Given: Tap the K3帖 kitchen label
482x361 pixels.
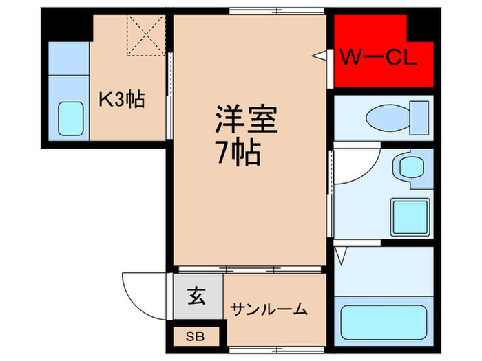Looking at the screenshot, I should pyautogui.click(x=121, y=100).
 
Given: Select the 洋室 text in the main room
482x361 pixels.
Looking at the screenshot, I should pyautogui.click(x=245, y=120).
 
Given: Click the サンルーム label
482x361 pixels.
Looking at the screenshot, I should pyautogui.click(x=269, y=309).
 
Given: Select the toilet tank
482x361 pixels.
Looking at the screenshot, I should pyautogui.click(x=418, y=117).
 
